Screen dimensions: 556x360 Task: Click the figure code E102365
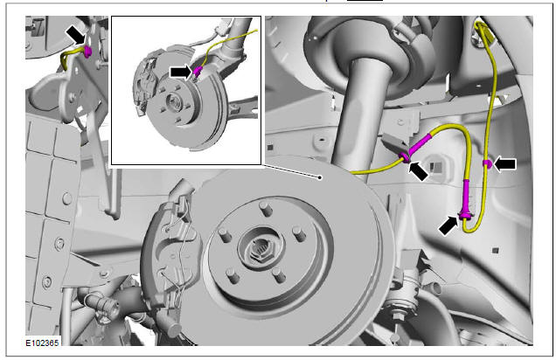(x=42, y=343)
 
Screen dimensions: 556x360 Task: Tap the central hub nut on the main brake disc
(x=262, y=250)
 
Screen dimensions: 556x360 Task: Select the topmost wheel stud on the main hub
(x=266, y=208)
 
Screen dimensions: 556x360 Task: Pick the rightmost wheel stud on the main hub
(x=300, y=234)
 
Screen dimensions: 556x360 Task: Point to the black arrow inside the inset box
(x=181, y=72)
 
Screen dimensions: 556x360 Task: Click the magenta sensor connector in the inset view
(x=198, y=71)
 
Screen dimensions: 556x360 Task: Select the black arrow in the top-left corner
(x=76, y=35)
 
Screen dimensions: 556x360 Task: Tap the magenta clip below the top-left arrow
(x=87, y=51)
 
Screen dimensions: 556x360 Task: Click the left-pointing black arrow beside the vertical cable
(x=505, y=164)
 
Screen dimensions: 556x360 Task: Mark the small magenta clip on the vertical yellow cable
(x=488, y=163)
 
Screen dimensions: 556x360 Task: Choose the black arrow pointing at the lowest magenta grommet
(x=448, y=225)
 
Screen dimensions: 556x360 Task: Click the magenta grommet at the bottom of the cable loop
(x=465, y=214)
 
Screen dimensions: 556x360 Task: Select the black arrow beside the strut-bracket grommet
(x=419, y=171)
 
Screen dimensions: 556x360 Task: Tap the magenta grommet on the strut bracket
(x=405, y=157)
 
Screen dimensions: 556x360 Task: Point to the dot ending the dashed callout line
(x=320, y=177)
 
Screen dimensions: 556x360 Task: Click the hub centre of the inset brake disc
(x=175, y=102)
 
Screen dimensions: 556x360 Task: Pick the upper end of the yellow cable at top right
(x=479, y=24)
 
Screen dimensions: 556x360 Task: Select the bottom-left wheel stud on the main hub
(x=233, y=275)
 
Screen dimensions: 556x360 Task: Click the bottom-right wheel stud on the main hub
(x=280, y=275)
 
